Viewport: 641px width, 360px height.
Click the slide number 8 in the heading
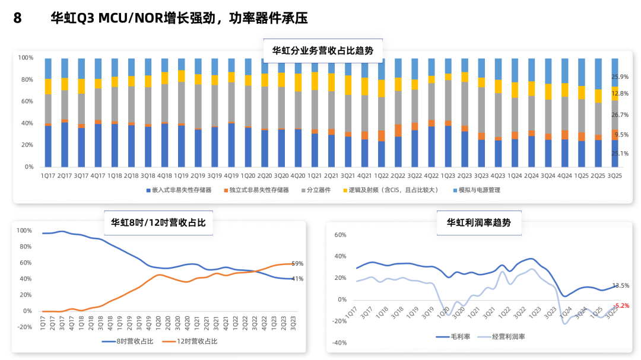(x=17, y=18)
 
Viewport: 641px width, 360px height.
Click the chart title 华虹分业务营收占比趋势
(x=323, y=50)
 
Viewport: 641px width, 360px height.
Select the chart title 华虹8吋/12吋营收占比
(x=158, y=222)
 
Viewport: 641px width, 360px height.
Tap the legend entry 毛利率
(x=458, y=337)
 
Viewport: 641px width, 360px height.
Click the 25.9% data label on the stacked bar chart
(x=620, y=77)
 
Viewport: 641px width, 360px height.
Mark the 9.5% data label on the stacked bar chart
(x=621, y=135)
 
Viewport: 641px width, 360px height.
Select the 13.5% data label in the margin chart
(x=620, y=286)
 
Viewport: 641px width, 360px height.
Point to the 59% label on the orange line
(x=297, y=264)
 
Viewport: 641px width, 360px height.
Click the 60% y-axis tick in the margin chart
(x=340, y=235)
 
